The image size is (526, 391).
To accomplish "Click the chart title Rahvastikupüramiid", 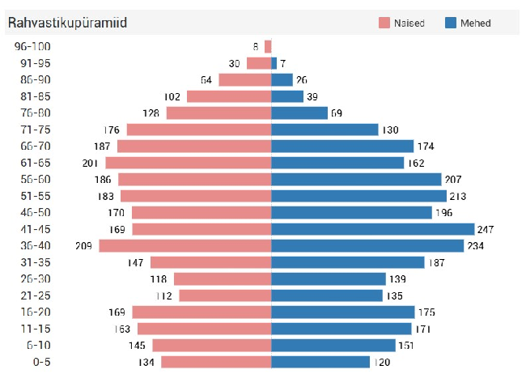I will (x=67, y=23).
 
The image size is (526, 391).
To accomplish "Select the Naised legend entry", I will (x=401, y=23).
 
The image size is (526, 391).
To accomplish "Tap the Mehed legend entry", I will (x=468, y=23).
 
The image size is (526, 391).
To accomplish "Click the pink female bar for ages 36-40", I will (x=185, y=245).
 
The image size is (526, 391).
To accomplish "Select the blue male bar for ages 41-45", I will (x=372, y=229).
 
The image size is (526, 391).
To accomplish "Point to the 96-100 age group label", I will (x=33, y=46).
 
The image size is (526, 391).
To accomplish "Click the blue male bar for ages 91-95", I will (x=274, y=63).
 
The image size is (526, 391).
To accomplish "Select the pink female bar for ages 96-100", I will (x=268, y=46).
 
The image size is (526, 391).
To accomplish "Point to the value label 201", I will (x=91, y=163).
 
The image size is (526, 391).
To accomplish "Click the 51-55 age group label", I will (x=33, y=196).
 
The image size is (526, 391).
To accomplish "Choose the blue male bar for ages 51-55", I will (x=358, y=196).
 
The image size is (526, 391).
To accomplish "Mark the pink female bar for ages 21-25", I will (x=224, y=295).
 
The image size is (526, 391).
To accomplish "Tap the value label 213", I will (x=459, y=196).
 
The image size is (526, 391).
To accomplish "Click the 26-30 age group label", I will (x=33, y=278).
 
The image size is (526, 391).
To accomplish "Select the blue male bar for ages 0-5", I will (x=320, y=362).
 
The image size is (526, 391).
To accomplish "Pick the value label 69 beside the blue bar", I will (x=337, y=113).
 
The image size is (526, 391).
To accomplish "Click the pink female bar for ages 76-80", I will (x=218, y=113).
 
